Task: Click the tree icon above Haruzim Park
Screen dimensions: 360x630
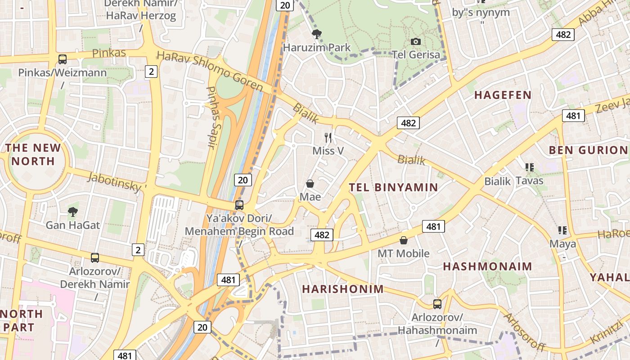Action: point(317,34)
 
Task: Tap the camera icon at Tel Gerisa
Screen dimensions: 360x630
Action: point(416,42)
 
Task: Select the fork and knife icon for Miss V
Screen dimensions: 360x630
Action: point(328,137)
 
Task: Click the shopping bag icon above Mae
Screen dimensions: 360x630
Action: point(310,184)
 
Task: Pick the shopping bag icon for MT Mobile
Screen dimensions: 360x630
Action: point(404,240)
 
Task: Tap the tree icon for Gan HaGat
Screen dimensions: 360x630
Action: point(72,211)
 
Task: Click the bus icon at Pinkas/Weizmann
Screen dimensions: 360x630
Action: point(63,59)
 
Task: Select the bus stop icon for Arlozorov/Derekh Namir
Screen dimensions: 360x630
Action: point(95,258)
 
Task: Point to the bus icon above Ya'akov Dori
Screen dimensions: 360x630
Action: point(239,205)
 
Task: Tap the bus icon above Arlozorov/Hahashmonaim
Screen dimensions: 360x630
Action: point(437,304)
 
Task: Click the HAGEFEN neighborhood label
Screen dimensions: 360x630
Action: point(503,95)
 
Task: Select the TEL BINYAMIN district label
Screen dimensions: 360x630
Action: point(393,187)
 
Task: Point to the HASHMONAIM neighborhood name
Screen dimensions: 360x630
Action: point(487,266)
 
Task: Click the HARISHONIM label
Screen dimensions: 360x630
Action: point(343,289)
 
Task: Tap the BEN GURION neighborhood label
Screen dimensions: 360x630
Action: point(588,150)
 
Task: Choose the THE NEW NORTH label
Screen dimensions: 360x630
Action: point(33,154)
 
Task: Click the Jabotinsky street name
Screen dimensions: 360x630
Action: point(116,181)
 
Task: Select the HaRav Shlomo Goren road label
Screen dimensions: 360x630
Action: point(210,71)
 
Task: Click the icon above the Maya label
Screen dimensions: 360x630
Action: point(562,230)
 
